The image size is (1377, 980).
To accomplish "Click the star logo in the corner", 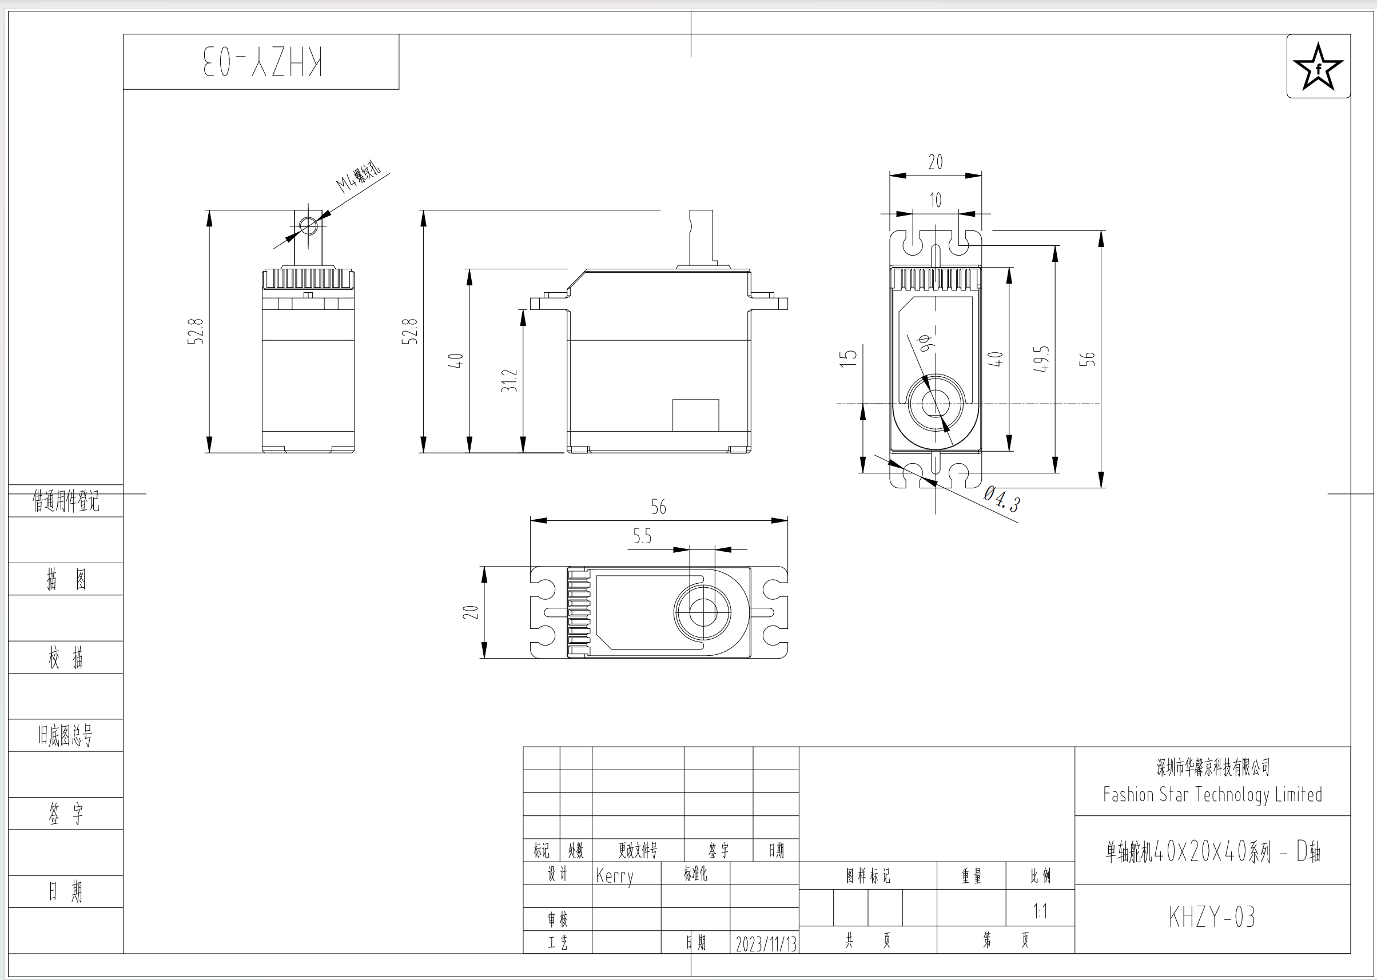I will (x=1318, y=66).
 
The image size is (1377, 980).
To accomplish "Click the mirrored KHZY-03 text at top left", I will (x=262, y=62).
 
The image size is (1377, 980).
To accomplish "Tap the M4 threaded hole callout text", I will (x=359, y=176).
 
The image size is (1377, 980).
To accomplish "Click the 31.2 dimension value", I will (x=510, y=381).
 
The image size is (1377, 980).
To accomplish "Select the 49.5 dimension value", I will (x=1041, y=359).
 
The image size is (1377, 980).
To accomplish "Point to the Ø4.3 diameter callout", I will (x=1002, y=499).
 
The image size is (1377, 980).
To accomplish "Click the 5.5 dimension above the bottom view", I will (x=642, y=536).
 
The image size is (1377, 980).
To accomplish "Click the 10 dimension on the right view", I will (x=936, y=200).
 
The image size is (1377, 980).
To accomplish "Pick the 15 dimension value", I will (x=849, y=358).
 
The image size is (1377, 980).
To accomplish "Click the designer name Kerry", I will (x=614, y=875).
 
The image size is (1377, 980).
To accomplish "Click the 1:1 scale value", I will (x=1040, y=911).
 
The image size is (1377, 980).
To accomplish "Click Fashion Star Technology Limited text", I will (x=1212, y=795).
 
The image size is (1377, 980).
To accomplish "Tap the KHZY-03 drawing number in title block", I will (x=1212, y=917).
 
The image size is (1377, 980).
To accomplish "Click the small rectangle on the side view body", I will (x=695, y=415).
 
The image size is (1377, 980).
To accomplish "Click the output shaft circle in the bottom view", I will (x=702, y=612).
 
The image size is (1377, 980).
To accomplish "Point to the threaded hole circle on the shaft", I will (x=308, y=227).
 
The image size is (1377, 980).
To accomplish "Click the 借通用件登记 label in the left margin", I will (x=66, y=501).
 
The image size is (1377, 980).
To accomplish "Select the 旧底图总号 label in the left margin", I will (x=66, y=735).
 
